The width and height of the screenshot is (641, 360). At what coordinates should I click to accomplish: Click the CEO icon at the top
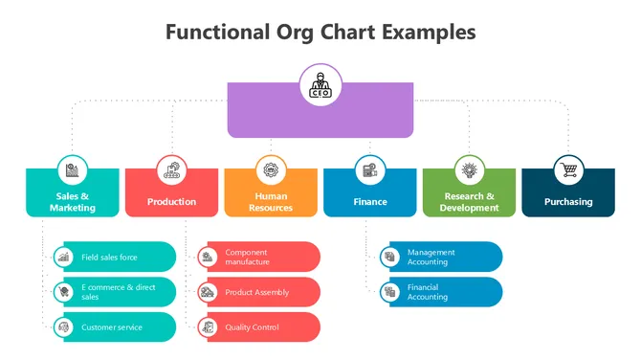click(320, 85)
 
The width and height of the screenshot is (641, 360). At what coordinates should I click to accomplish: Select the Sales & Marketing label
click(74, 202)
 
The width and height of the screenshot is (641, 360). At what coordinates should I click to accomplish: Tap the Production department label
click(172, 202)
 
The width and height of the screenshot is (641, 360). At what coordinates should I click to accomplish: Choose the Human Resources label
click(271, 202)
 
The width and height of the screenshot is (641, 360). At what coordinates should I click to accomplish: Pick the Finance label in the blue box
click(370, 202)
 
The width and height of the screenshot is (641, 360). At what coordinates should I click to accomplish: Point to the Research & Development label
click(469, 202)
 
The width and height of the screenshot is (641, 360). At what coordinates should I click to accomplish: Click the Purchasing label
click(568, 202)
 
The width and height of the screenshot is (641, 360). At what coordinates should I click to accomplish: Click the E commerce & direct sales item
click(116, 292)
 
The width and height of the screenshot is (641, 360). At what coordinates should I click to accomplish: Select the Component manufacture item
click(258, 257)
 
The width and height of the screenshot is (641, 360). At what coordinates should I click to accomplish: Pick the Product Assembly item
click(258, 292)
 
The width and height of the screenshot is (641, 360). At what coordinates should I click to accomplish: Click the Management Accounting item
click(441, 257)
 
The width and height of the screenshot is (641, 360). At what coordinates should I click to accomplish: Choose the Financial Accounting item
click(441, 292)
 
